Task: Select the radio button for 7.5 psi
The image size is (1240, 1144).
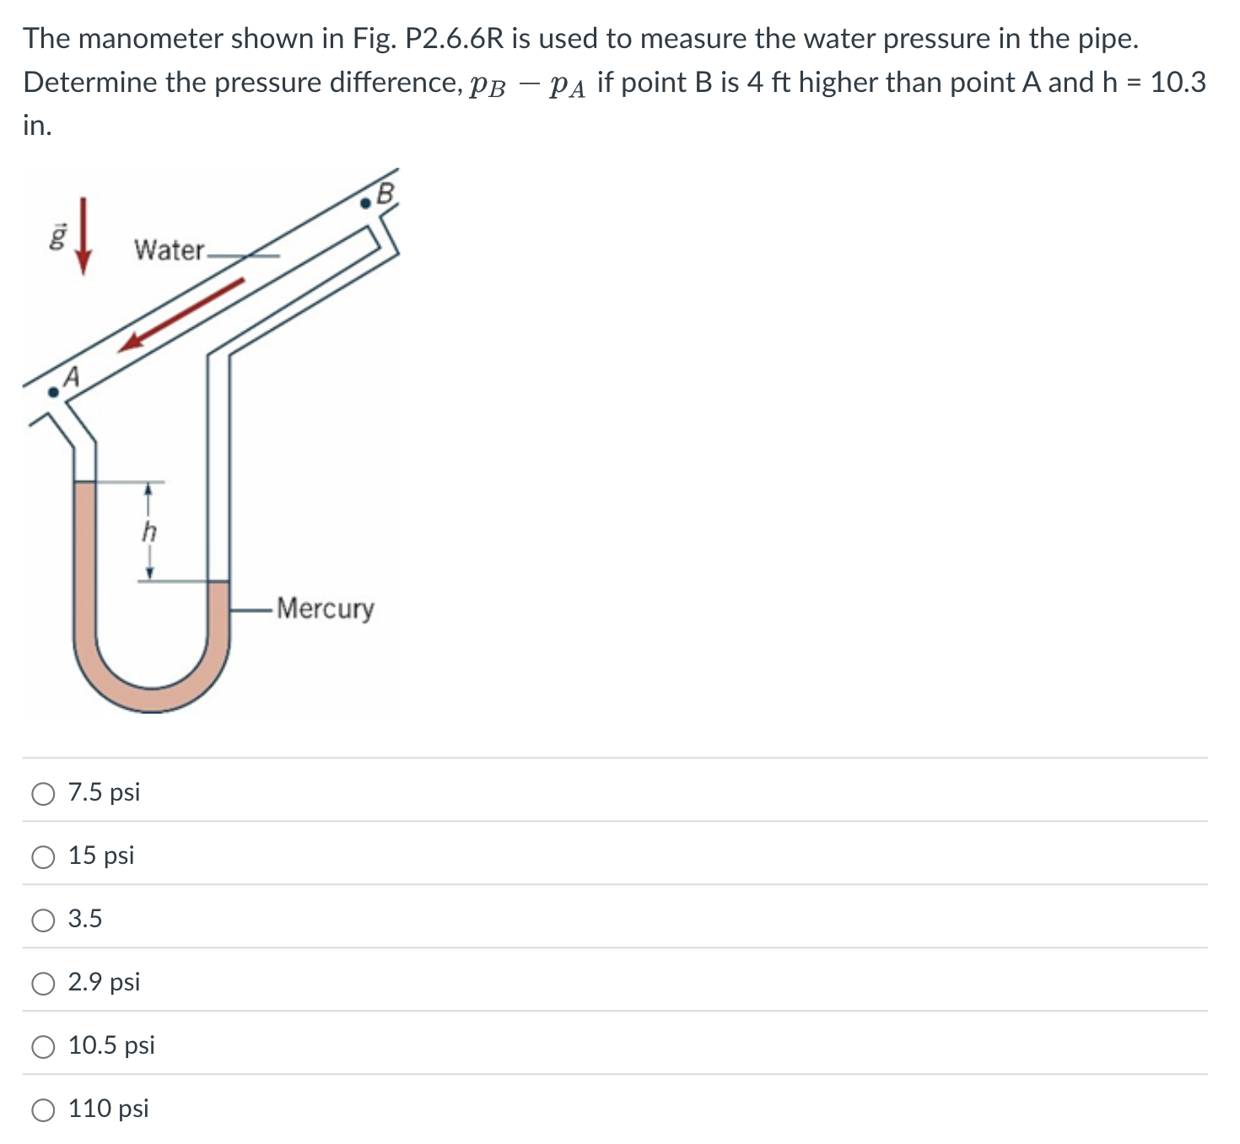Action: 43,793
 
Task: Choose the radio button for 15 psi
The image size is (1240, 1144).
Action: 43,856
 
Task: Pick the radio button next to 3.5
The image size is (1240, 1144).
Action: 43,920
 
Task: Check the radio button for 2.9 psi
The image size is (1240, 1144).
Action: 43,983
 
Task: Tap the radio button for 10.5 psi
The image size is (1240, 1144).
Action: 43,1046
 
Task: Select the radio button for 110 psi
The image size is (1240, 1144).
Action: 43,1109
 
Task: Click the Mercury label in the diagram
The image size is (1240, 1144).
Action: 325,608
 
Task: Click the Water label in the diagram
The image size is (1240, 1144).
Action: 169,250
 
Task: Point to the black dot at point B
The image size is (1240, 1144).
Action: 365,202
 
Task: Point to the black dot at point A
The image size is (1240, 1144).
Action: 53,391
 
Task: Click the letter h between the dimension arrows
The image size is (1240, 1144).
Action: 149,532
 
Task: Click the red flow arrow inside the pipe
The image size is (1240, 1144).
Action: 181,314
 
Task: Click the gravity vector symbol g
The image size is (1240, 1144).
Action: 57,238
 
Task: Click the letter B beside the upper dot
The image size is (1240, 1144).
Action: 385,194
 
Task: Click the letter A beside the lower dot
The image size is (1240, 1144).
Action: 73,377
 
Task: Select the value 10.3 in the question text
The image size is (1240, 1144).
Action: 1178,83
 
